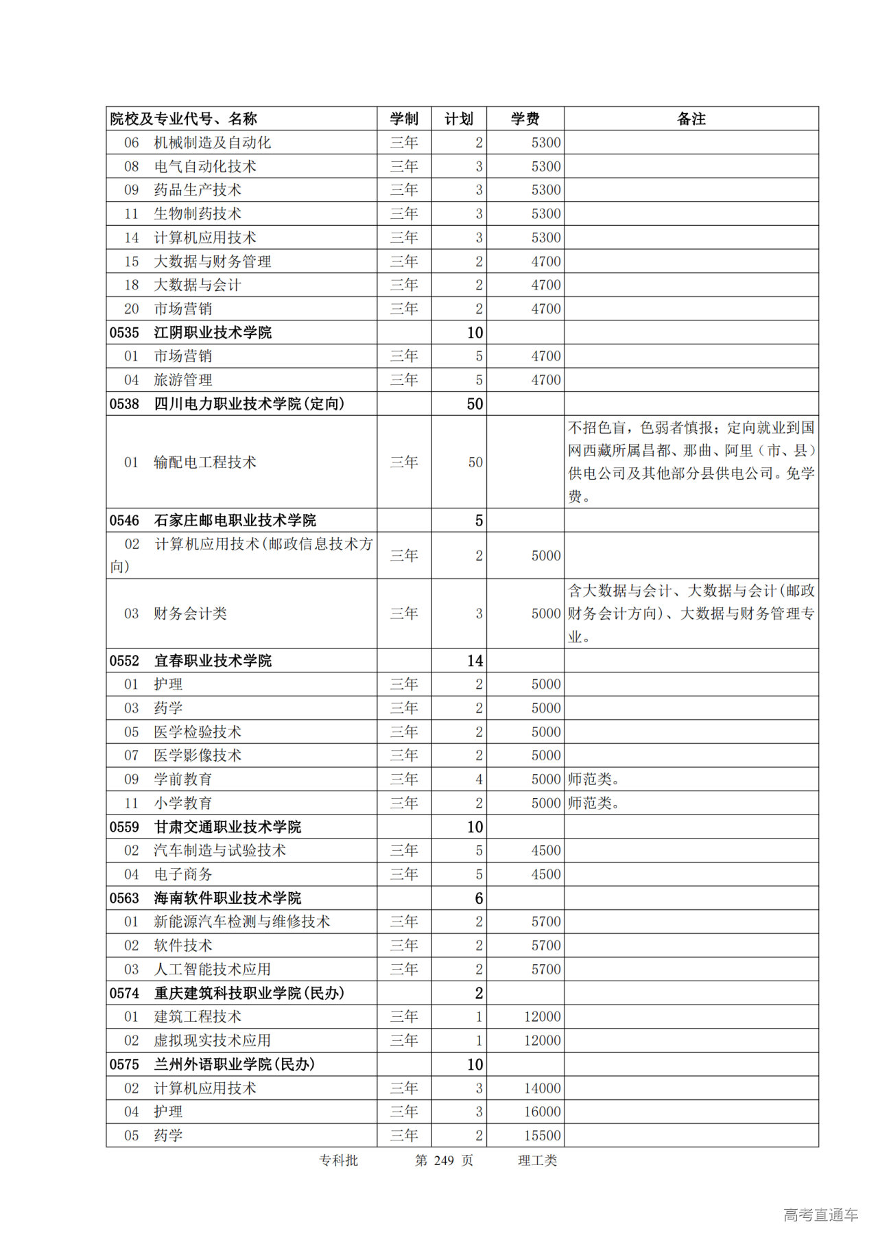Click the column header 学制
pyautogui.click(x=404, y=119)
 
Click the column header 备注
pyautogui.click(x=691, y=119)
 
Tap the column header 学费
pyautogui.click(x=525, y=119)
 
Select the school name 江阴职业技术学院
pyautogui.click(x=213, y=333)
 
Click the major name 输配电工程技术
pyautogui.click(x=204, y=462)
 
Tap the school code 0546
pyautogui.click(x=124, y=521)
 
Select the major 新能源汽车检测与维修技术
pyautogui.click(x=241, y=922)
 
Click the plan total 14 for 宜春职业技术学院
pyautogui.click(x=475, y=661)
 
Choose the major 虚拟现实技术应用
pyautogui.click(x=212, y=1040)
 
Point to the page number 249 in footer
pyautogui.click(x=444, y=1160)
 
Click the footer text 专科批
pyautogui.click(x=338, y=1160)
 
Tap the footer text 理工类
pyautogui.click(x=537, y=1160)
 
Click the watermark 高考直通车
pyautogui.click(x=820, y=1215)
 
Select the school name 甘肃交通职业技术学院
pyautogui.click(x=228, y=827)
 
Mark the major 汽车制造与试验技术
pyautogui.click(x=219, y=851)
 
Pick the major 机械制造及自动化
pyautogui.click(x=212, y=143)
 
